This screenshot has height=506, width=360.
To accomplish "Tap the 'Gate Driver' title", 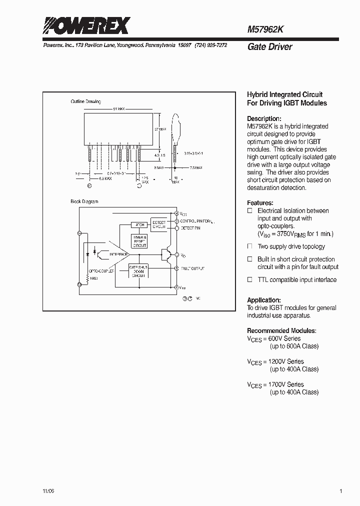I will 269,47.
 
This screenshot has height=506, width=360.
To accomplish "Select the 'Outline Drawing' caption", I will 85,102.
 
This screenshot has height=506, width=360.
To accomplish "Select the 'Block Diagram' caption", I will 84,201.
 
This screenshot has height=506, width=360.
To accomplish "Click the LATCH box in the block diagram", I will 138,225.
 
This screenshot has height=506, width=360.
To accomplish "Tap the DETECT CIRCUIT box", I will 159,224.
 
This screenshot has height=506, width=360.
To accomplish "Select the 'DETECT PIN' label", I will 190,228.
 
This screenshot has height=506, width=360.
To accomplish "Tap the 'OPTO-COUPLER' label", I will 101,270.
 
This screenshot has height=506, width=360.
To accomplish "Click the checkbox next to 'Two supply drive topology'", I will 250,246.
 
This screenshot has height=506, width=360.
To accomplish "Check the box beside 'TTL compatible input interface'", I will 250,280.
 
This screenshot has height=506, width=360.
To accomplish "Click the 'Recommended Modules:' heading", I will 281,330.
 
